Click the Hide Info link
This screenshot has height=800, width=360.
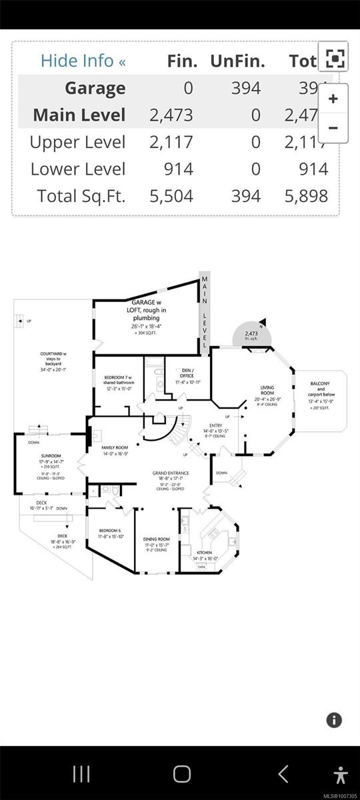coord(83,61)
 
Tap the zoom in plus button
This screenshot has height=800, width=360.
coord(333,99)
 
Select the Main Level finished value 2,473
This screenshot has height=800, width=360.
coord(171,115)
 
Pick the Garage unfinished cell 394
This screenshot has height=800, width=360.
coord(247,88)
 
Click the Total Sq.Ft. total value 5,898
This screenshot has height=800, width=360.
coord(305,195)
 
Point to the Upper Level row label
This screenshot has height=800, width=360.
coord(77,142)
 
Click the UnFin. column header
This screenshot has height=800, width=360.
coord(237,61)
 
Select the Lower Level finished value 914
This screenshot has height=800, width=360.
coord(179,169)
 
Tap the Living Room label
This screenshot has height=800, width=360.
coord(267,390)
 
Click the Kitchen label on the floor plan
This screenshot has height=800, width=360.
coord(204,553)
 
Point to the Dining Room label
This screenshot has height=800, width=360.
coord(156,539)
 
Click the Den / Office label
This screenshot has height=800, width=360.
coord(182,374)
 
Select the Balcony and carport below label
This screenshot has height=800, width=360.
coord(321,389)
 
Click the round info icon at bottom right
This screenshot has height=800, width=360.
coord(334,720)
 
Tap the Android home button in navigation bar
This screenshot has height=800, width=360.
coord(181,774)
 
